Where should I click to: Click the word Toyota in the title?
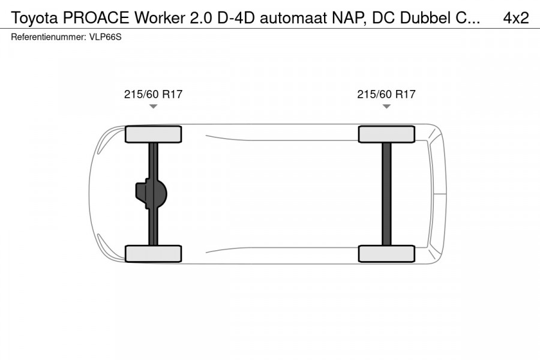click(x=33, y=18)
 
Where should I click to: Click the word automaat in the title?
click(x=295, y=18)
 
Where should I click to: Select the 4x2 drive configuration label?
click(x=515, y=18)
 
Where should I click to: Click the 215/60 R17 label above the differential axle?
click(x=153, y=94)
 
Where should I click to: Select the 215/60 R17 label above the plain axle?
click(x=386, y=94)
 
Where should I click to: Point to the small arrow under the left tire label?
click(x=153, y=106)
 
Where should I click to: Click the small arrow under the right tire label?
click(x=386, y=106)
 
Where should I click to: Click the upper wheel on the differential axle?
click(x=153, y=134)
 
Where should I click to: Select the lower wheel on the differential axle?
click(x=153, y=253)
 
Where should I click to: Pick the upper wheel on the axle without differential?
click(x=386, y=134)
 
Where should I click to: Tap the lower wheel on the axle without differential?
click(x=386, y=253)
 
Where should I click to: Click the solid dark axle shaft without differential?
click(x=386, y=194)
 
